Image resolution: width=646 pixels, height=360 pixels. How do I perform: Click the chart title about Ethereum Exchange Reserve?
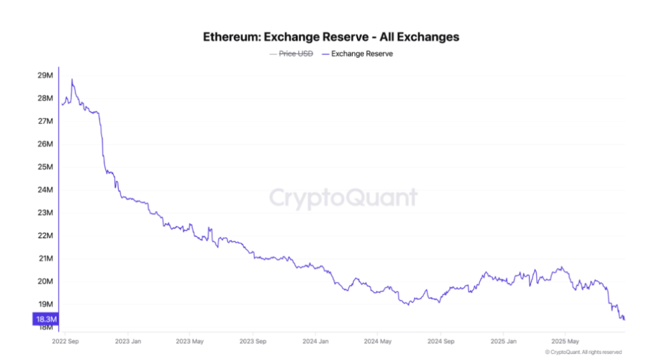[331, 37]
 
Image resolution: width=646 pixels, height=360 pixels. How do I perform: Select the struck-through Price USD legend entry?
[291, 54]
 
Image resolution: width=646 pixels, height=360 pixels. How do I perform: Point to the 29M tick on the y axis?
[45, 76]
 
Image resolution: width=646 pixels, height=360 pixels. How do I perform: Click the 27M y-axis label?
[45, 121]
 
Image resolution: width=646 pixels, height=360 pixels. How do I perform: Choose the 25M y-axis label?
[45, 167]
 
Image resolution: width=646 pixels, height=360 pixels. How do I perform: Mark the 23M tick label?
[45, 213]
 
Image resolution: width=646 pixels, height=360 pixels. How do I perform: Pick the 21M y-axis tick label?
[45, 258]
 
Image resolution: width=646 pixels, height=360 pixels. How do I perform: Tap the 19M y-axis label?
[45, 304]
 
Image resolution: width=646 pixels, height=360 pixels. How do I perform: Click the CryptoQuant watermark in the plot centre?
[343, 198]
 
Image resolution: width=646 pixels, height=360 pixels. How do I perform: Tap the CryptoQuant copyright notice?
[583, 352]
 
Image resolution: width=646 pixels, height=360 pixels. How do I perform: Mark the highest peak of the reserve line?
[72, 80]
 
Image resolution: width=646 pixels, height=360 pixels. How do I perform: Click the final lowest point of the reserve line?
[623, 319]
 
